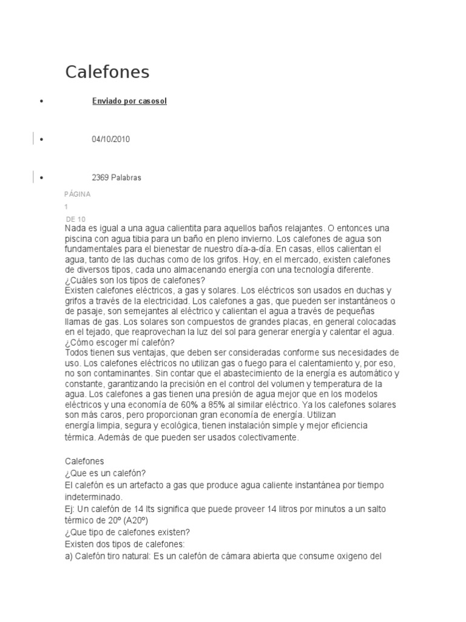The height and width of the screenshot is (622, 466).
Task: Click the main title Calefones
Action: pos(107,72)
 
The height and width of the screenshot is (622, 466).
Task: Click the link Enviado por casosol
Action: pos(129,101)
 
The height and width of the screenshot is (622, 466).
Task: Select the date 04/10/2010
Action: pos(110,139)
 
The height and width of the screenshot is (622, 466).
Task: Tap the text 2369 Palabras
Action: pos(116,177)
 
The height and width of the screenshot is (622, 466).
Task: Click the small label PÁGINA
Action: pos(77,194)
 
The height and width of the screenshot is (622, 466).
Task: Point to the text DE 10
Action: pos(76,219)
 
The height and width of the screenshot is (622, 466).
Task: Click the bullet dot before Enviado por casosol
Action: pos(41,101)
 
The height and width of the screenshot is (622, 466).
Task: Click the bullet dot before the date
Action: pos(41,140)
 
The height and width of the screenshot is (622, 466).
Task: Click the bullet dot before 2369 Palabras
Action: pos(41,178)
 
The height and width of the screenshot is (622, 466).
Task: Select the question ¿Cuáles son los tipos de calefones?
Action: pos(135,280)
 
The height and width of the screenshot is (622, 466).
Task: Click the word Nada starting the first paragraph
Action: pos(75,228)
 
